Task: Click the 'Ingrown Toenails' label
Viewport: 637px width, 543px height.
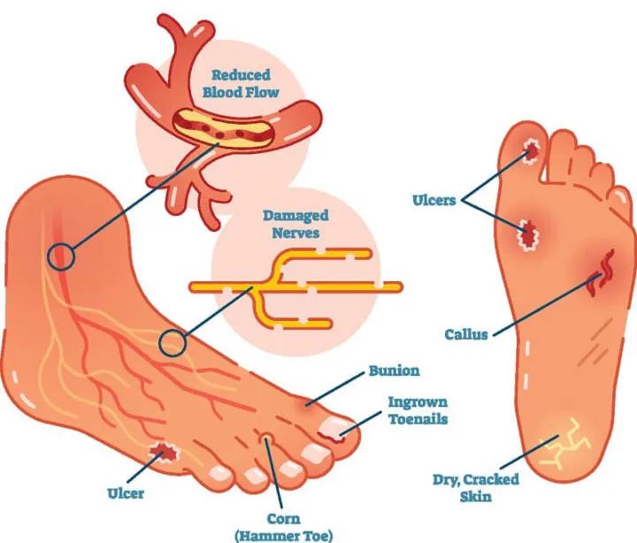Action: (x=418, y=410)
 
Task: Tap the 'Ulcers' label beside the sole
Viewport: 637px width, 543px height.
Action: (x=434, y=200)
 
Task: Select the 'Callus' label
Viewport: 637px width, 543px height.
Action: (x=465, y=334)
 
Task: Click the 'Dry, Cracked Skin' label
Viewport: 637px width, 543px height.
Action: (x=475, y=487)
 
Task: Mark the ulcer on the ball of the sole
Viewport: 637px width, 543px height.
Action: (x=529, y=233)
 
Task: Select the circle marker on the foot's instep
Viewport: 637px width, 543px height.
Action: (x=173, y=342)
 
